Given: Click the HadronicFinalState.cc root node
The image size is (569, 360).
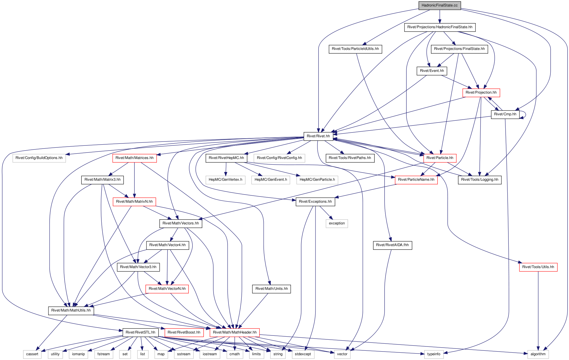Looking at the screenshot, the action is pos(439,5).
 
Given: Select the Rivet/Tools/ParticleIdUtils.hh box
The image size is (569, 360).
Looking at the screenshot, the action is pos(355,49).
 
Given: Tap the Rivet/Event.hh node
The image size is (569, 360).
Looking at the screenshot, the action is pos(432,71).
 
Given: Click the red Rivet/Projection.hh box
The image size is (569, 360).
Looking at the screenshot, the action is pos(481,92).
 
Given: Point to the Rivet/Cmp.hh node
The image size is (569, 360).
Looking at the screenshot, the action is pos(505,114).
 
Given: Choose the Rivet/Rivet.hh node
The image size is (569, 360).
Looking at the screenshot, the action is pos(318,136).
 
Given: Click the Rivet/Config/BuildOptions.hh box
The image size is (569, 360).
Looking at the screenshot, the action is pos(39,158).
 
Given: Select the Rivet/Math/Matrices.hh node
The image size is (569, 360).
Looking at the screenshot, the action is pos(135,158).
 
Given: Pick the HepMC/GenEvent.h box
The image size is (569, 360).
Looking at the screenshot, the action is pos(271,180).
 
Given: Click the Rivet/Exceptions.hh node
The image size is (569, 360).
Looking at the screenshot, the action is pos(315,202).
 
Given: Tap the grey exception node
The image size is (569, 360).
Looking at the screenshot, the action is pos(337,223).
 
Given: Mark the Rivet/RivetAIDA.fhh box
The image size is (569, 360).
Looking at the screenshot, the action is pos(392,245).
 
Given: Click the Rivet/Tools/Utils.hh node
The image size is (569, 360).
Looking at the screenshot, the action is pos(538,267).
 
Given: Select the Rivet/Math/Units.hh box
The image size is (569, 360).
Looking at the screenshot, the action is pos(272,289).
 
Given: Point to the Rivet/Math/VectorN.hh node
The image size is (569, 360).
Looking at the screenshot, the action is pos(167,289).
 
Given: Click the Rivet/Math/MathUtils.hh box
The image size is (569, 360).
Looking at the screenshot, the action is pos(71,310).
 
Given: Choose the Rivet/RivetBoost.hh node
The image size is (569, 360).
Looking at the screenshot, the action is pos(184,332).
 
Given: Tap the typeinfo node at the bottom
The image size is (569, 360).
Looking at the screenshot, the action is pos(434,354).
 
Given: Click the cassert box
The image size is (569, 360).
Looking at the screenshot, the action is pos(32,354).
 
